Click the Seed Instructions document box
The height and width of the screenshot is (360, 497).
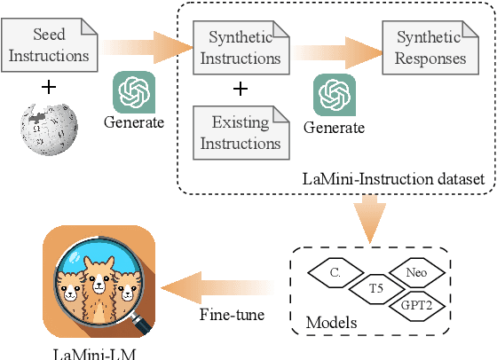coord(49,45)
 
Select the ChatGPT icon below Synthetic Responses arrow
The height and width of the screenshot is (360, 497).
coord(335,96)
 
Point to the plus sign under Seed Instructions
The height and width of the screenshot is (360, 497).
coord(49,87)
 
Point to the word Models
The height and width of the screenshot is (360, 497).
coord(330,323)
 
